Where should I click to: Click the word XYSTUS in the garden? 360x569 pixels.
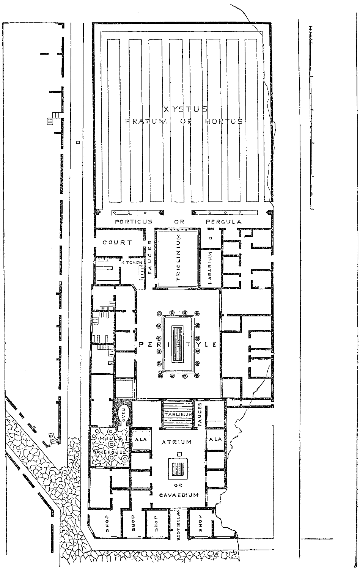click(x=185, y=109)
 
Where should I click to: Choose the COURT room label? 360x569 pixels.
click(x=117, y=242)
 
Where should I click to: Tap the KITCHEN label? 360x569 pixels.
click(x=132, y=262)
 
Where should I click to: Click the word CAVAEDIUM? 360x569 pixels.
click(x=179, y=495)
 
